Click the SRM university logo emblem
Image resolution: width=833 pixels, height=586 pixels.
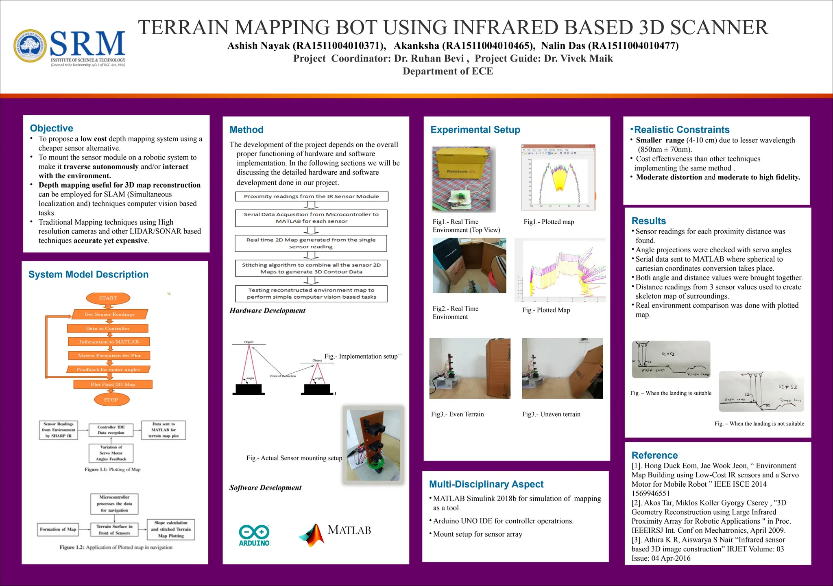coord(31,46)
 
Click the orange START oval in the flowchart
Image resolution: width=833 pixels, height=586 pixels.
coord(108,298)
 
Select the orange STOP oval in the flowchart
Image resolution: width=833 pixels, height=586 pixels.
coord(111,400)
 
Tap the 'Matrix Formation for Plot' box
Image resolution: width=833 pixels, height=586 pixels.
coord(109,356)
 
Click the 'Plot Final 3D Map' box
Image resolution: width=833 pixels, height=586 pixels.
coord(113,385)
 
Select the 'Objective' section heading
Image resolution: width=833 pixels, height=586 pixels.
coord(52,128)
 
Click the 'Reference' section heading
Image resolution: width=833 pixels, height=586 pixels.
coord(654,455)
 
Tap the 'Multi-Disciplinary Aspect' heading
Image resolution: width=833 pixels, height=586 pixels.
coord(486,484)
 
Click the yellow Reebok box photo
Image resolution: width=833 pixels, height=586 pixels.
coord(464,179)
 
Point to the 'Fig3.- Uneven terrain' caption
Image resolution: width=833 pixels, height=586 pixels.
coord(551,414)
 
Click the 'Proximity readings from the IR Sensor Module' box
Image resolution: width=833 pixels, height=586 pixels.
coord(312,197)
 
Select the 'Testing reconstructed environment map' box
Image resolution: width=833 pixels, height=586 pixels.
coord(312,293)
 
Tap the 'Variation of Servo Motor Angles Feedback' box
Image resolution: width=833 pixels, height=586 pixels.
coord(111,453)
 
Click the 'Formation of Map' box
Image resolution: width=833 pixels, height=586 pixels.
coord(58,529)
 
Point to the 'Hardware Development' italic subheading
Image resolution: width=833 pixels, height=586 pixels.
coord(267,310)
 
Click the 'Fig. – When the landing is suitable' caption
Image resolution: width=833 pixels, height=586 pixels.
coord(671,393)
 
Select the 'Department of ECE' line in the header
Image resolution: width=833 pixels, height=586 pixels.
coord(448,71)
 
